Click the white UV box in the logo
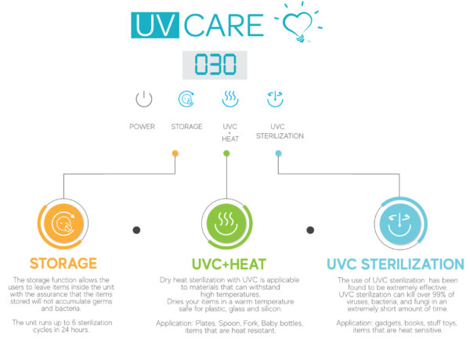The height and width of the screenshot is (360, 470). tap(155, 25)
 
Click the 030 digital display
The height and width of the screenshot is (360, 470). tap(215, 65)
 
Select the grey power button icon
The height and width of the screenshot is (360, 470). tap(144, 99)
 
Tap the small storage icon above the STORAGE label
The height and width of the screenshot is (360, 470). tap(186, 99)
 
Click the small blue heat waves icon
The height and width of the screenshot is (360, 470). tap(230, 99)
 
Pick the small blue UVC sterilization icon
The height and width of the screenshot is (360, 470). tap(275, 99)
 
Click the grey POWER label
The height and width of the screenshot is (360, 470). tap(142, 127)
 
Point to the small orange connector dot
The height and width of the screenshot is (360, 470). tap(175, 153)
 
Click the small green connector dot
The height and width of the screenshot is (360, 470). tap(226, 153)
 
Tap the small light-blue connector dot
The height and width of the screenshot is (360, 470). tap(278, 153)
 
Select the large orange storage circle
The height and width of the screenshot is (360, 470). tap(63, 223)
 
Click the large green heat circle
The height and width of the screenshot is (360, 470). tap(226, 223)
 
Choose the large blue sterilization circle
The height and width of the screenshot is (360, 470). tap(400, 223)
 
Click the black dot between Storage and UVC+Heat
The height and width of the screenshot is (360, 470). tap(136, 230)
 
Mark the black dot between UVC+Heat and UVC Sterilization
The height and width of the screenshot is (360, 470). tap(310, 230)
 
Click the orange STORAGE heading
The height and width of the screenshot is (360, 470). tap(63, 264)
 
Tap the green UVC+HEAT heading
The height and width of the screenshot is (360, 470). tap(229, 265)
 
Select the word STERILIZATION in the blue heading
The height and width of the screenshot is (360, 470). tap(413, 265)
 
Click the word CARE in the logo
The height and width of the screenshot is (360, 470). tap(223, 26)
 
